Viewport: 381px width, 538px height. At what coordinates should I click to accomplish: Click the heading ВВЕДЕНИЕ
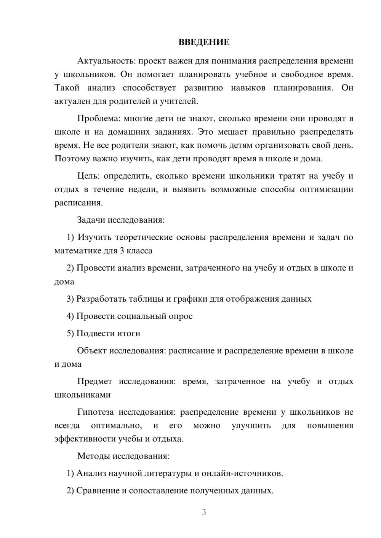pyautogui.click(x=204, y=42)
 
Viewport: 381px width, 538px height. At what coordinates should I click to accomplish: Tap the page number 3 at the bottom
pyautogui.click(x=204, y=512)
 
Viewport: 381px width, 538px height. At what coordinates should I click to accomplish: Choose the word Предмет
pyautogui.click(x=94, y=381)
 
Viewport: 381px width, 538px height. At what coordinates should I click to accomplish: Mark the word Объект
pyautogui.click(x=92, y=350)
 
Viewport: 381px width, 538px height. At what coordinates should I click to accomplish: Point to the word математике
pyautogui.click(x=78, y=251)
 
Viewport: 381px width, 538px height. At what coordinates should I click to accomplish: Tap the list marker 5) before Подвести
pyautogui.click(x=70, y=333)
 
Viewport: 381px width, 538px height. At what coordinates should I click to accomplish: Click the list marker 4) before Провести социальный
pyautogui.click(x=70, y=316)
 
